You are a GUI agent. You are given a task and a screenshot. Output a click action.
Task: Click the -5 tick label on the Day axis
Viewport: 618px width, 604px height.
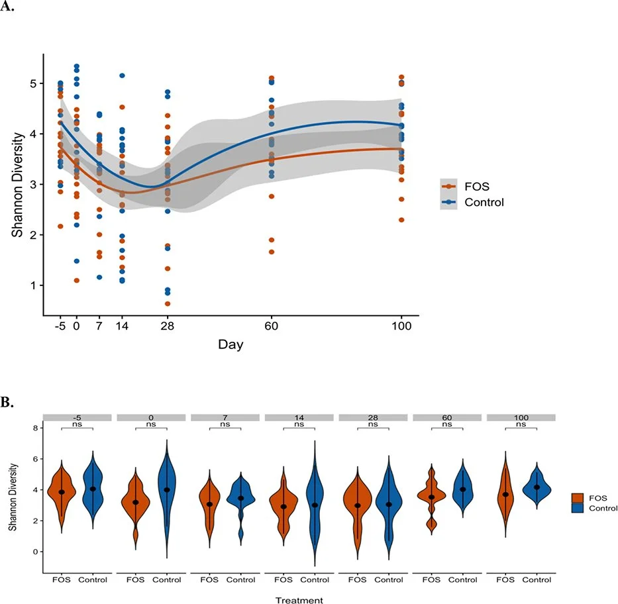(61, 327)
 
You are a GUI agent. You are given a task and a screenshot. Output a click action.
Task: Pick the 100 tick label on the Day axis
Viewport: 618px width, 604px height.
(401, 327)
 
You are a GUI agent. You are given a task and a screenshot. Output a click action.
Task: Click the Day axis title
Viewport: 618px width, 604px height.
(231, 346)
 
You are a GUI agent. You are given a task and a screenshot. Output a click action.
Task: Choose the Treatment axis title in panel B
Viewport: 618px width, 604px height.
(301, 600)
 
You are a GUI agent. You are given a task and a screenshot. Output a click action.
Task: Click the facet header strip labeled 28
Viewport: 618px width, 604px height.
(373, 417)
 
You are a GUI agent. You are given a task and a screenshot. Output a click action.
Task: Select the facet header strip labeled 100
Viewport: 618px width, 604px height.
(521, 417)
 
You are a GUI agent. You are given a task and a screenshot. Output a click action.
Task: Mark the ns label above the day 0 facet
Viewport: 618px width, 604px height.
(151, 425)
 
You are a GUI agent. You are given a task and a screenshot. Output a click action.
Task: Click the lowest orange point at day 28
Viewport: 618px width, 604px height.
(168, 304)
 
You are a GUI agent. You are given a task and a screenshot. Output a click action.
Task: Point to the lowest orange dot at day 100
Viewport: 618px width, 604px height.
(401, 220)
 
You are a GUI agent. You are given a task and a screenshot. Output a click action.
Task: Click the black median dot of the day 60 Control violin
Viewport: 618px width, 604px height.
(463, 489)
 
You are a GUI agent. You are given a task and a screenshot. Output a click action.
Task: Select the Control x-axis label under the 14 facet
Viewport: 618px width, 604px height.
(315, 580)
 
